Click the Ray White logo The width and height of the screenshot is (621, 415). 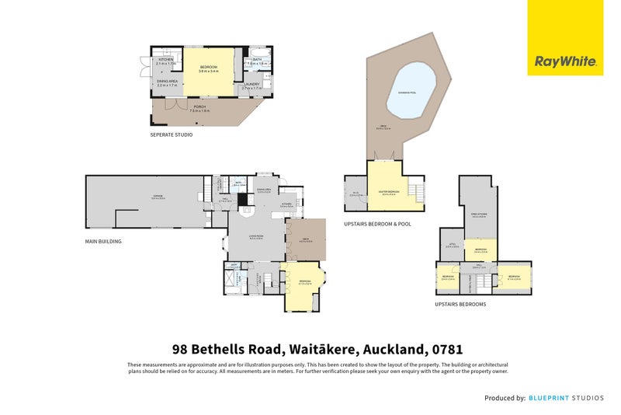point(565,61)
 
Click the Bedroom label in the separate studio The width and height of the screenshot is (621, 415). point(208,68)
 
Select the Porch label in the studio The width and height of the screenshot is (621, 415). point(199,108)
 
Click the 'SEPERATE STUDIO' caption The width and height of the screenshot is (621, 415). point(171,134)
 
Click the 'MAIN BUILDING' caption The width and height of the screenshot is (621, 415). point(103,242)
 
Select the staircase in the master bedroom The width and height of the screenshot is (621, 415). point(417,191)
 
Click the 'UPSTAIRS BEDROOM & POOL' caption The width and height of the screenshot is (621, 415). point(377,223)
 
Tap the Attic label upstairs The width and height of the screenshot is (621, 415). point(452,246)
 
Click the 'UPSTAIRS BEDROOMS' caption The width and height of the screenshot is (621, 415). point(460,305)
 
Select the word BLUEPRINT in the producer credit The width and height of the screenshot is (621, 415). point(550,398)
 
